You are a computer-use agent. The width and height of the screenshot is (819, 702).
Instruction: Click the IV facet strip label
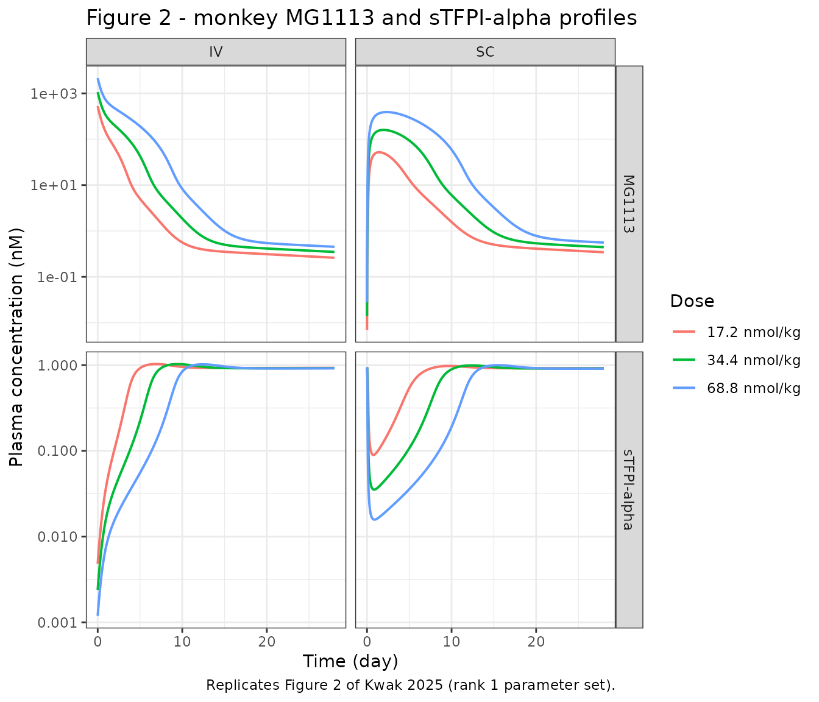[216, 52]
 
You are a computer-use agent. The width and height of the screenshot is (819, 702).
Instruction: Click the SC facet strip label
[486, 52]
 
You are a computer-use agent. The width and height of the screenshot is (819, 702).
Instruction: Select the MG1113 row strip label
[629, 204]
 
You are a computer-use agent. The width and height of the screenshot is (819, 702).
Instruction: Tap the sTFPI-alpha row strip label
[629, 490]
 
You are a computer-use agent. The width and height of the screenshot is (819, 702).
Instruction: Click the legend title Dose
[692, 302]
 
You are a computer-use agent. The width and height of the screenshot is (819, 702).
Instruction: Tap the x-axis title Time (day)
[350, 662]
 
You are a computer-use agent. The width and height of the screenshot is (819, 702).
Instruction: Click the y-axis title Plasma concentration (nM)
[16, 347]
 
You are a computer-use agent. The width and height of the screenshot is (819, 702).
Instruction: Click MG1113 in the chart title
[330, 18]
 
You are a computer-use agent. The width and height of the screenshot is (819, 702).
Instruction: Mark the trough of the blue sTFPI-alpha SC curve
[374, 519]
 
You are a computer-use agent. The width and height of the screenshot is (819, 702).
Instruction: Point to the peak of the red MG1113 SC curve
[379, 152]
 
